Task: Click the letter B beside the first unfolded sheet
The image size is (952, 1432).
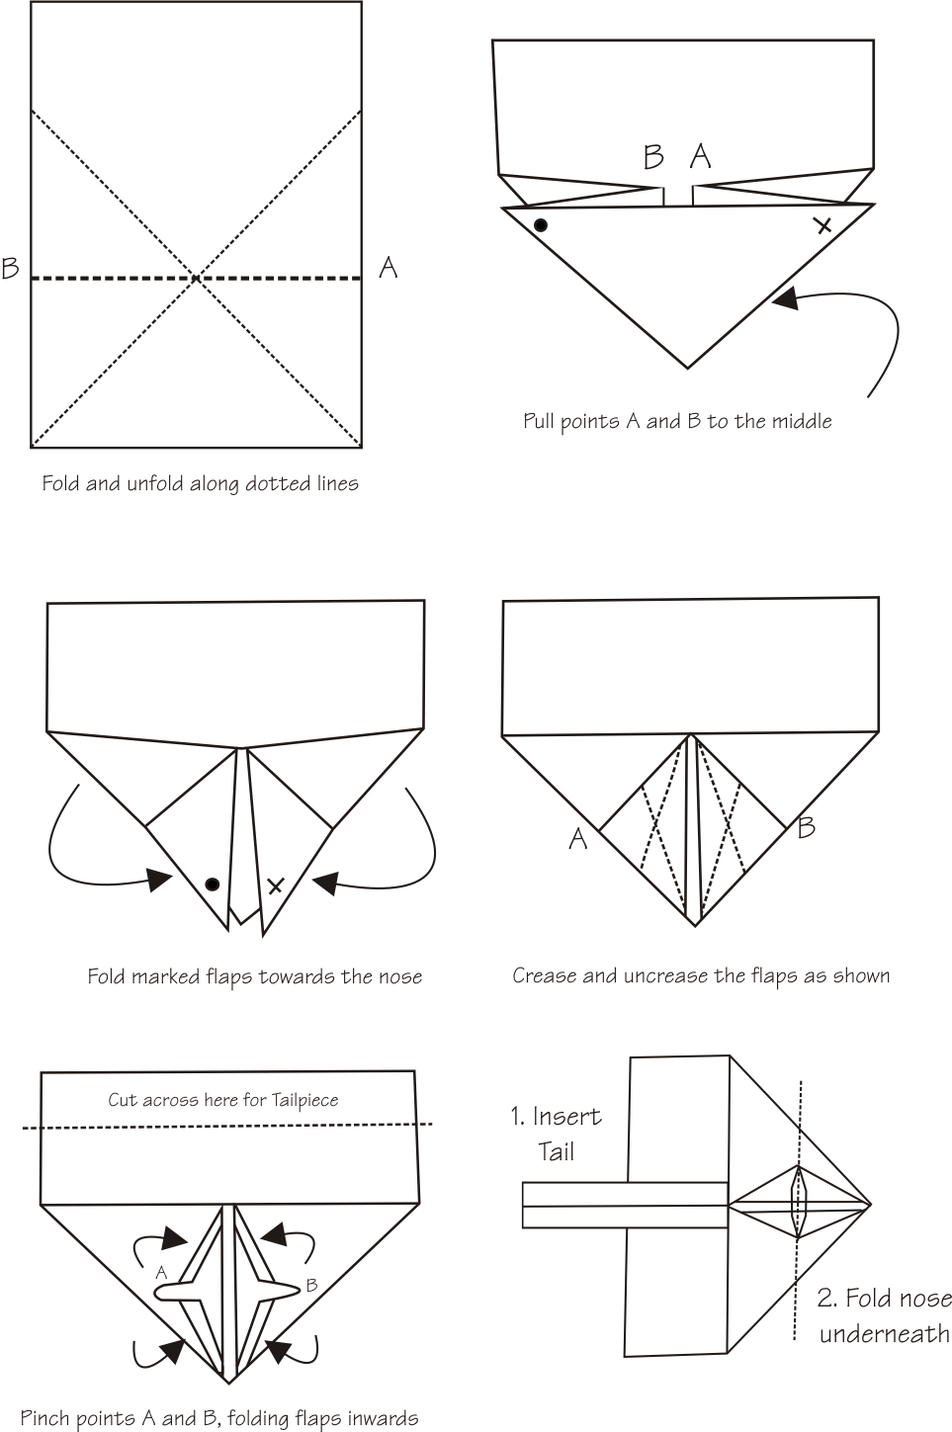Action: [x=11, y=268]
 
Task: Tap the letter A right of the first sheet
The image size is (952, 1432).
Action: [x=389, y=267]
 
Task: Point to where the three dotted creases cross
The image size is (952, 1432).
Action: [x=197, y=279]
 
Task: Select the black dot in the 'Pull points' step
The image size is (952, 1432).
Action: [x=540, y=225]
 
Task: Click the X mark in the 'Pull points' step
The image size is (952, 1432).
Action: [x=822, y=225]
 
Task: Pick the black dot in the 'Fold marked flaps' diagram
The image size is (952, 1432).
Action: [x=212, y=884]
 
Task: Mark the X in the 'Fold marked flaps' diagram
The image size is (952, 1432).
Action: [x=275, y=885]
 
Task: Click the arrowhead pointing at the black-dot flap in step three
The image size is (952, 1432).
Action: [x=160, y=878]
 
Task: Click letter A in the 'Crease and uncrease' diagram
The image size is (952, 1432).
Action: [x=578, y=839]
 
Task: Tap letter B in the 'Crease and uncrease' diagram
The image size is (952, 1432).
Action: [x=806, y=827]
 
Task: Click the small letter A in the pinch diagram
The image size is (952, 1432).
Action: [x=161, y=1274]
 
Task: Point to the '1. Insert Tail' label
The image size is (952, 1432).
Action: [x=557, y=1134]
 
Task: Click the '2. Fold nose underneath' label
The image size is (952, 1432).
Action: [x=884, y=1315]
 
